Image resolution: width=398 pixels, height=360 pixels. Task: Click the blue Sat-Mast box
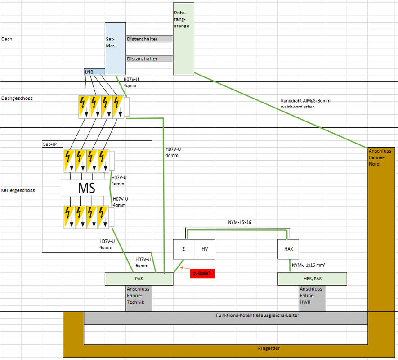click(115, 45)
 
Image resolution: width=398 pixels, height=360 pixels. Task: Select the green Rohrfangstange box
click(183, 38)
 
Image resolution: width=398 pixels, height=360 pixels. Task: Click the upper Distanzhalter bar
click(149, 39)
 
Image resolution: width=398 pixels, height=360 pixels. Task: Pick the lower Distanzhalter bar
click(149, 58)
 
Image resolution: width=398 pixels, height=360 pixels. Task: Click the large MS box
click(86, 188)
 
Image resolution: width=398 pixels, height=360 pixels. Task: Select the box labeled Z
click(183, 249)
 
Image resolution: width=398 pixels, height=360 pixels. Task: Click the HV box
click(205, 249)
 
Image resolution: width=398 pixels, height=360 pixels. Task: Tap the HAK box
click(288, 249)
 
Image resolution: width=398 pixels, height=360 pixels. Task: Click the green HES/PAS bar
click(312, 279)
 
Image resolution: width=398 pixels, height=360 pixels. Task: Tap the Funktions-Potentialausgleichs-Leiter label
click(257, 315)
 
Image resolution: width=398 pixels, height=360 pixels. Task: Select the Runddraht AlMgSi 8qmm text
click(305, 101)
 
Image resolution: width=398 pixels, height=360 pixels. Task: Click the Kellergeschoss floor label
click(18, 190)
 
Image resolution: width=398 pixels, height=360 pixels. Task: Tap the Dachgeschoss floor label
click(17, 98)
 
